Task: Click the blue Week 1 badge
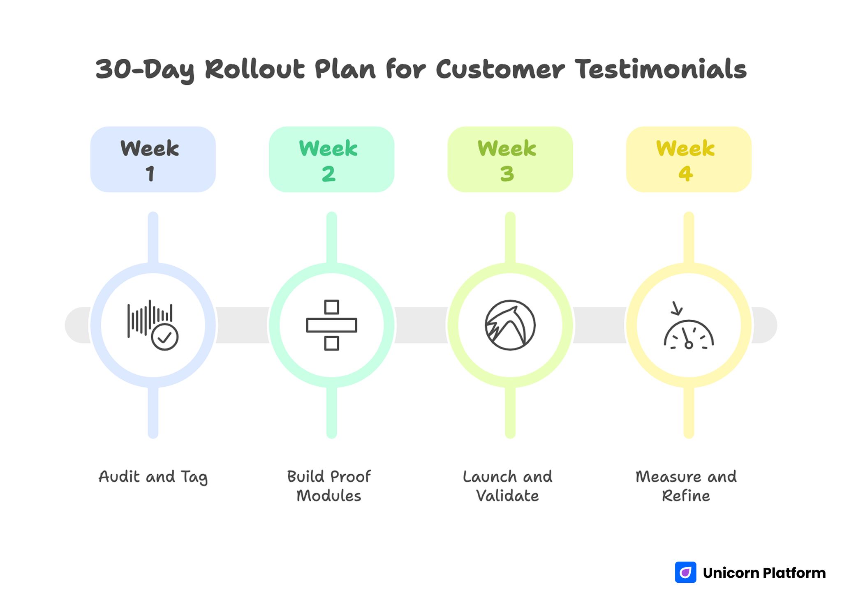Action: click(153, 159)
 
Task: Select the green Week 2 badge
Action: click(331, 159)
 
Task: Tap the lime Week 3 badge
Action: click(510, 159)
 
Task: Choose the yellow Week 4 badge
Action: click(688, 159)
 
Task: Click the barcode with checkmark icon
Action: click(152, 325)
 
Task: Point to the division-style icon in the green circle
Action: click(331, 325)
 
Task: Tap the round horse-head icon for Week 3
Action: click(510, 325)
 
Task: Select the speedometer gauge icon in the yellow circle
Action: click(689, 334)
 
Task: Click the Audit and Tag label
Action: click(153, 477)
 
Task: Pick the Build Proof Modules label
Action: click(329, 486)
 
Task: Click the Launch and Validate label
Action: click(507, 486)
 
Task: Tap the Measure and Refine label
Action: click(686, 486)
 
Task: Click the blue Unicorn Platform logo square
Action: click(685, 572)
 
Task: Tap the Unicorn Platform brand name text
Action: click(764, 572)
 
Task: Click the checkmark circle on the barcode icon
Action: click(164, 337)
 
